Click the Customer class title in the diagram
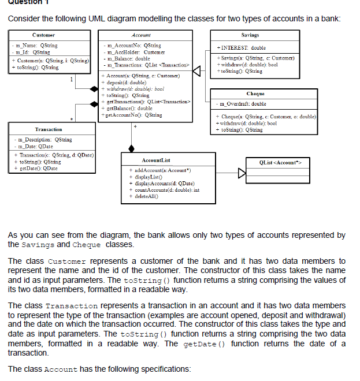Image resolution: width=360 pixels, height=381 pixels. pyautogui.click(x=44, y=35)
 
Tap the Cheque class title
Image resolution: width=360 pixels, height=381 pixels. pyautogui.click(x=255, y=93)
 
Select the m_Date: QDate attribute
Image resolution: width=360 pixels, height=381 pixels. pyautogui.click(x=36, y=145)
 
